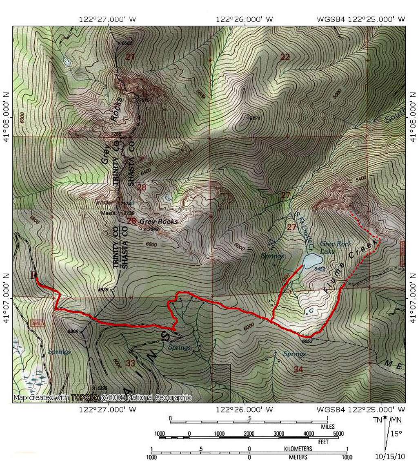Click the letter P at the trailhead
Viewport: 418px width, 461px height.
point(33,275)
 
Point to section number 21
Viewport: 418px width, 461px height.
point(130,57)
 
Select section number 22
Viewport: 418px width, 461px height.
point(285,57)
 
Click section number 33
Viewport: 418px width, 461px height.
point(130,363)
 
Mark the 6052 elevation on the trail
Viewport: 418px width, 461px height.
point(307,341)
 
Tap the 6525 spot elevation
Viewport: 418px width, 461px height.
point(104,290)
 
